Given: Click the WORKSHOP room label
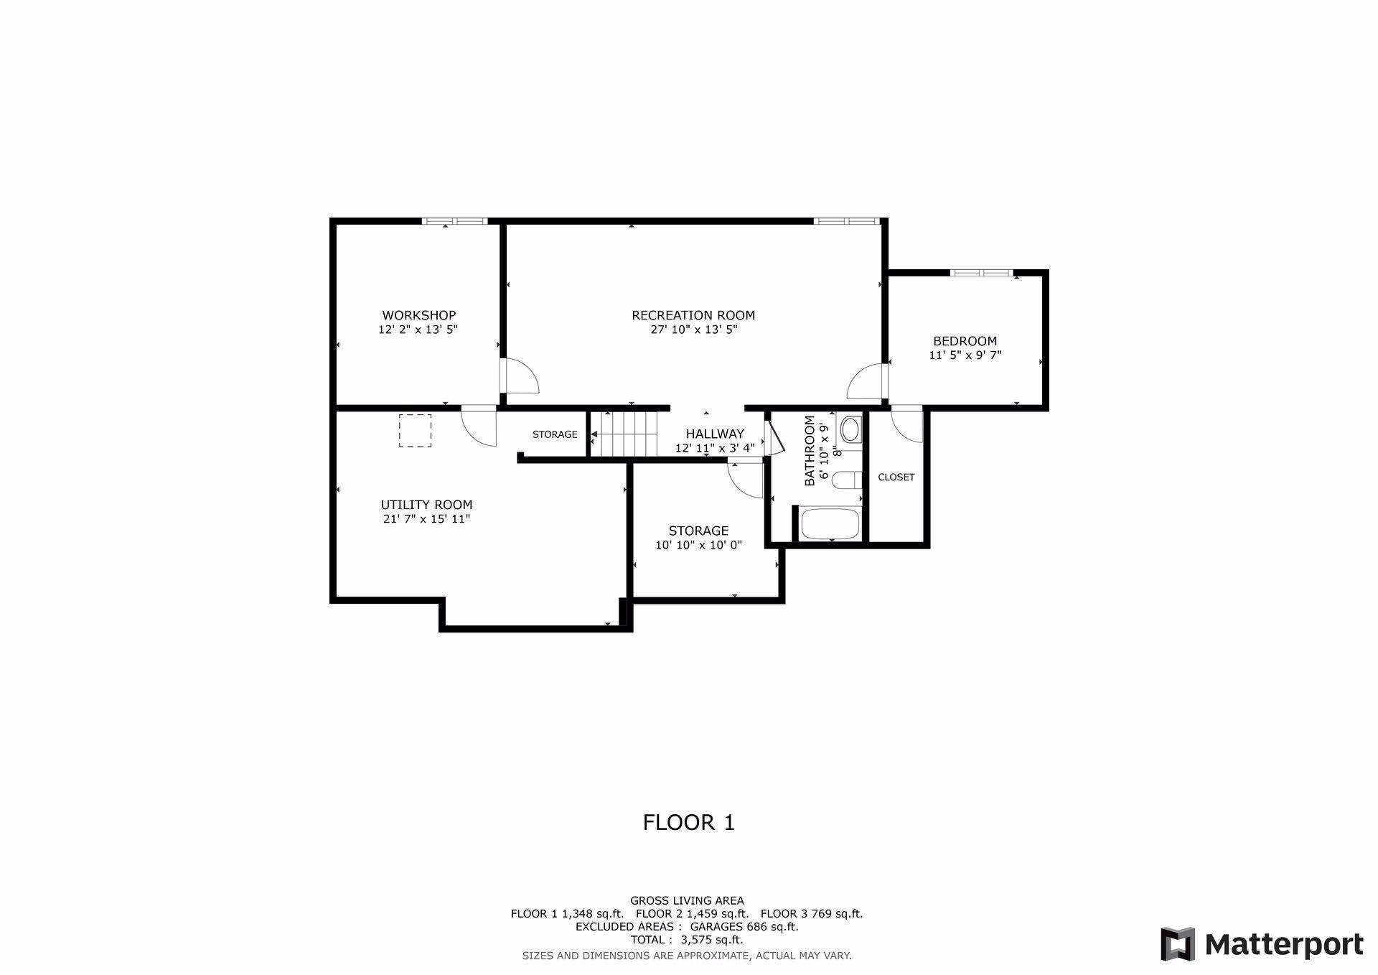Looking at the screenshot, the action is pos(418,315).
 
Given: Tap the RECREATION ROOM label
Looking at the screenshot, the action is pos(693,315).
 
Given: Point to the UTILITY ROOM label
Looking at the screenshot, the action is pos(426,505).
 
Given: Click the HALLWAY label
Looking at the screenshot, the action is pos(715,434).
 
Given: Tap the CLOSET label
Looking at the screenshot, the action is pos(896,477).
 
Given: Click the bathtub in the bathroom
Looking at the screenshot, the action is pos(830,524).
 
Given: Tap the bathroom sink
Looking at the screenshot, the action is pos(850,430).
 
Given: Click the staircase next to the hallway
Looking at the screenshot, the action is pos(624,434).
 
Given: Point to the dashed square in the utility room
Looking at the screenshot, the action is pos(415,431).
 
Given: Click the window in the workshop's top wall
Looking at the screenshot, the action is pos(454,221).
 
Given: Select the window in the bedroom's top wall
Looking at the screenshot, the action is pos(981,273).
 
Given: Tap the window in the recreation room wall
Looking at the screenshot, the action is pos(846,221).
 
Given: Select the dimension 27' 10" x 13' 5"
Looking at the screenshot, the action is pos(693,330).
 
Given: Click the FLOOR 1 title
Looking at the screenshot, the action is pos(689,822).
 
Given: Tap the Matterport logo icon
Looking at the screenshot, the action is pos(1178,944).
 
